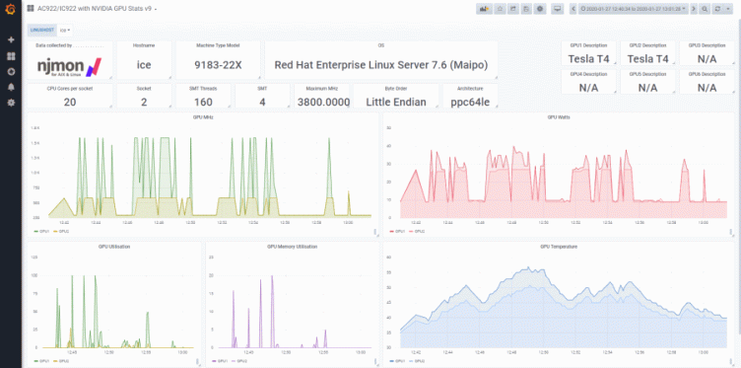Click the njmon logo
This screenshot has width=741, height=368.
pyautogui.click(x=69, y=66)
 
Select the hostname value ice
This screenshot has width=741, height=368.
pyautogui.click(x=144, y=66)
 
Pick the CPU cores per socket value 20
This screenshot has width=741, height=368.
pyautogui.click(x=69, y=102)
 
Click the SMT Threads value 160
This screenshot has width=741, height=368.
pyautogui.click(x=203, y=102)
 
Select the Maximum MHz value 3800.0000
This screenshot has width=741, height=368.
pyautogui.click(x=323, y=102)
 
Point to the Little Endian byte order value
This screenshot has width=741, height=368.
pyautogui.click(x=392, y=102)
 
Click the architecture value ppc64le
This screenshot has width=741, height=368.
pyautogui.click(x=469, y=102)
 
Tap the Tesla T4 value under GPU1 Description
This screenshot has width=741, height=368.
pyautogui.click(x=588, y=59)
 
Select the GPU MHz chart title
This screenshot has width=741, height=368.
pyautogui.click(x=203, y=117)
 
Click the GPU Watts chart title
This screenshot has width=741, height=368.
pyautogui.click(x=559, y=117)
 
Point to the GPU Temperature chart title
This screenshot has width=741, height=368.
pyautogui.click(x=559, y=247)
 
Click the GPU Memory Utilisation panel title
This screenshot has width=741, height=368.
pyautogui.click(x=292, y=247)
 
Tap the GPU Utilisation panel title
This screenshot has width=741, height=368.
pyautogui.click(x=115, y=247)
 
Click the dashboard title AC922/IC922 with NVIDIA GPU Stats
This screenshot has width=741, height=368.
pyautogui.click(x=101, y=8)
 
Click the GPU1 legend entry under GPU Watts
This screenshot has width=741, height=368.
pyautogui.click(x=398, y=232)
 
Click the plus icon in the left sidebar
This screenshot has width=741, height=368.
pyautogui.click(x=11, y=39)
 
